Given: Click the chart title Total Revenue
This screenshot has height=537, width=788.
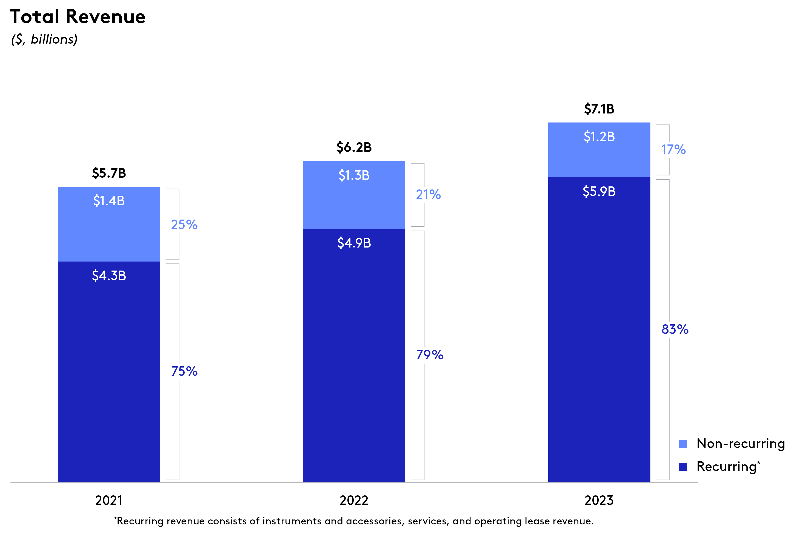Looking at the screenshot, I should click(78, 17).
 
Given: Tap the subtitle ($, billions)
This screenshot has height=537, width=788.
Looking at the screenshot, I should click(44, 39).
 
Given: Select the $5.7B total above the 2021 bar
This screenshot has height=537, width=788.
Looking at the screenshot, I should click(109, 173).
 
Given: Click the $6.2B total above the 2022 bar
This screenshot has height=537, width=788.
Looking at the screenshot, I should click(354, 147).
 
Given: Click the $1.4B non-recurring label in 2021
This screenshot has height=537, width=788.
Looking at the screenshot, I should click(109, 201).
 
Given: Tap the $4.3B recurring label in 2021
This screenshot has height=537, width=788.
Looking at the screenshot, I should click(109, 275).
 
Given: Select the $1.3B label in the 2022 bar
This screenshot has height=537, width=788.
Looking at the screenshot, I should click(354, 175).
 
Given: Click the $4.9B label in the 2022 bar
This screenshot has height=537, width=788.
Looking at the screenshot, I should click(354, 243).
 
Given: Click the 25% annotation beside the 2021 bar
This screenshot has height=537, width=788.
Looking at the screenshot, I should click(184, 225).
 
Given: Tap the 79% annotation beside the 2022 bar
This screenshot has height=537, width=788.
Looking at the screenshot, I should click(429, 355).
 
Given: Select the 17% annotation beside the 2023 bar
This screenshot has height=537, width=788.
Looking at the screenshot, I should click(673, 150).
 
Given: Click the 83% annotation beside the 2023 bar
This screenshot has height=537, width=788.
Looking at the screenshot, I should click(675, 329).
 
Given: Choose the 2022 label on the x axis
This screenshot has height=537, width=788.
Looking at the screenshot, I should click(354, 500).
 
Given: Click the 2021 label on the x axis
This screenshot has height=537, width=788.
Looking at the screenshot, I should click(109, 500).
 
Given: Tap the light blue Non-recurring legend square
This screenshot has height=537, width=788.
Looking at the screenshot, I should click(683, 444).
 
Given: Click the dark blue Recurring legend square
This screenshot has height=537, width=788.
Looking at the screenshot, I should click(683, 467).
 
